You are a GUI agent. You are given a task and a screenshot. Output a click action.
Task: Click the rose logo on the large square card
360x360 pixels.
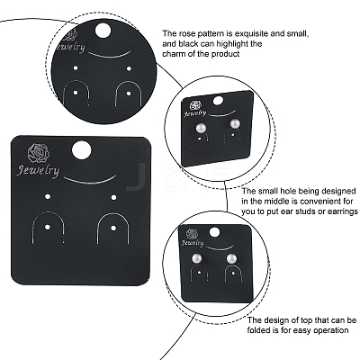(39, 154)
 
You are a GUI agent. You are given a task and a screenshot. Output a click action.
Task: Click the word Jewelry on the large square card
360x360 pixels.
(38, 171)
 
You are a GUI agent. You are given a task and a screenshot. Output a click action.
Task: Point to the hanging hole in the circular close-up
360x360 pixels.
(103, 31)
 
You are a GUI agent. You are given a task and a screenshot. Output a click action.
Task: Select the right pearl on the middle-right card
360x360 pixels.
(235, 124)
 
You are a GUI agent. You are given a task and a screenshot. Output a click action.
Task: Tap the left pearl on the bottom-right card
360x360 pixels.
(196, 259)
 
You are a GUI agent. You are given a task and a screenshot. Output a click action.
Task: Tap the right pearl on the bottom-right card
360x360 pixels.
(231, 259)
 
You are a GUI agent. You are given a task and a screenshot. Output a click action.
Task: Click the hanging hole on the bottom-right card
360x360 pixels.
(214, 232)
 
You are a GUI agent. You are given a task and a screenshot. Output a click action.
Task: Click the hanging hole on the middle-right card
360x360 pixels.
(219, 101)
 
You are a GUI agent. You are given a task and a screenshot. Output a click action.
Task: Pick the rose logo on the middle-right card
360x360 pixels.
(196, 105)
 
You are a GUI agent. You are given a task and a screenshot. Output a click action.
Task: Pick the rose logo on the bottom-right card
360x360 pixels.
(192, 234)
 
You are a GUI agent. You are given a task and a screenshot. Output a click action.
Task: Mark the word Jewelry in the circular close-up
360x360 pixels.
(71, 48)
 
